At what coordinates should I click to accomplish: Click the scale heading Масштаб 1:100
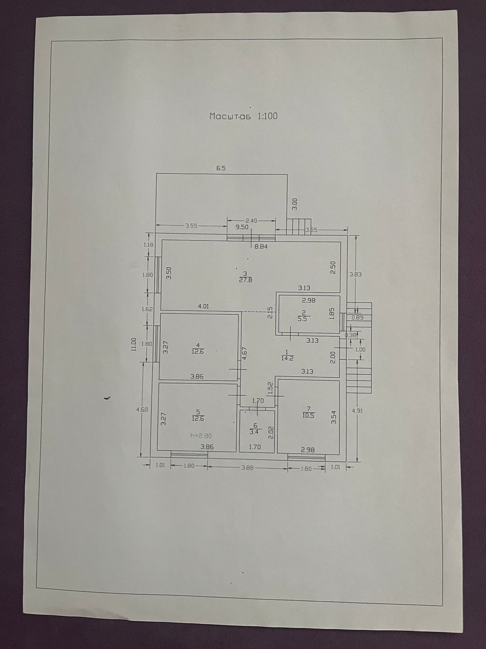point(243,116)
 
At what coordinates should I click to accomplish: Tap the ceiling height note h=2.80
point(201,436)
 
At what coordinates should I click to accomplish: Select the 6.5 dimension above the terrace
point(221,168)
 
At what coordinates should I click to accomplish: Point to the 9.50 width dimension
point(242,227)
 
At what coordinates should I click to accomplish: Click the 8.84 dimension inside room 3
point(261,246)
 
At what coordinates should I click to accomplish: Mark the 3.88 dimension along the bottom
point(247,468)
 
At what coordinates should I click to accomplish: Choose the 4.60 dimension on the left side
point(142,410)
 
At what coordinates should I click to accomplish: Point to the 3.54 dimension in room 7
point(334,418)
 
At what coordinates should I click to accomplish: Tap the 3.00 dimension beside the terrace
point(295,204)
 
